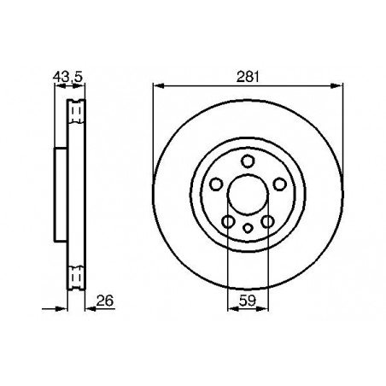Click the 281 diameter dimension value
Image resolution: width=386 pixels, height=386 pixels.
coord(248,76)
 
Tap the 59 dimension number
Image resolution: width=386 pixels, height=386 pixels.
coord(248,300)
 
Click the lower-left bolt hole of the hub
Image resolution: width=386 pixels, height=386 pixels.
coord(228,222)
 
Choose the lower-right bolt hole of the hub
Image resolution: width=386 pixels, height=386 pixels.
coord(267,222)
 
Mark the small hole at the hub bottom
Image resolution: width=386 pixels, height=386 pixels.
coord(248,228)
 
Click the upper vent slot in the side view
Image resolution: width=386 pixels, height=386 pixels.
coord(75,108)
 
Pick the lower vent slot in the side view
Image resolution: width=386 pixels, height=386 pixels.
coord(75,276)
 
